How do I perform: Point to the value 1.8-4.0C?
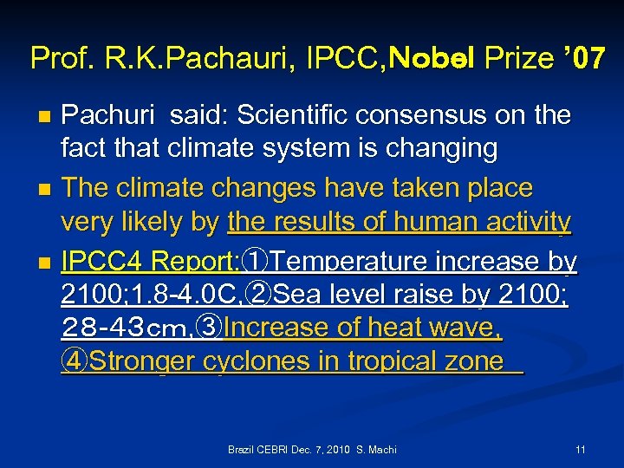(x=182, y=295)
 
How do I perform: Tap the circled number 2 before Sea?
(x=259, y=295)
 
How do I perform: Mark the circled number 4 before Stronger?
(x=75, y=361)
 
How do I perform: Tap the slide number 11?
(x=580, y=450)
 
